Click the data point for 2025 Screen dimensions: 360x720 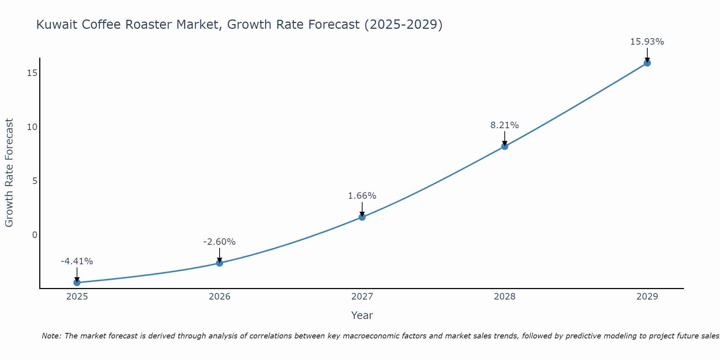click(x=77, y=283)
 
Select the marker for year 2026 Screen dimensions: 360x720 click(x=220, y=263)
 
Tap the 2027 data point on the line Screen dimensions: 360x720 click(x=362, y=217)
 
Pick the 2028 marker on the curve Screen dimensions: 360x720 click(x=505, y=147)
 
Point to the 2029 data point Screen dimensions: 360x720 click(x=647, y=63)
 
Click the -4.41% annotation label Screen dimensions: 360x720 click(x=77, y=261)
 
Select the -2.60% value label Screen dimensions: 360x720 click(x=220, y=242)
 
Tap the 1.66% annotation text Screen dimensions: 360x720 click(x=362, y=196)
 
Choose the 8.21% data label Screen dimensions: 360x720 click(x=505, y=125)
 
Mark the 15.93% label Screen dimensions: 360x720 click(x=647, y=42)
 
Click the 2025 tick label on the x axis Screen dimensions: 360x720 click(x=77, y=297)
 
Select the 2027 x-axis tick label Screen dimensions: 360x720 click(x=362, y=297)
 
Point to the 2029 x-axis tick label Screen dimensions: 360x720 click(x=647, y=297)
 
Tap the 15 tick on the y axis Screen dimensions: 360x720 click(x=32, y=73)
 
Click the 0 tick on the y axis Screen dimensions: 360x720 click(x=35, y=235)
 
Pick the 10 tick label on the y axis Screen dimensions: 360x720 click(x=32, y=127)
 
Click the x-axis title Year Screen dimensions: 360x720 click(x=362, y=315)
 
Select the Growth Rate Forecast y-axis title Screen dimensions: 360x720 click(x=9, y=173)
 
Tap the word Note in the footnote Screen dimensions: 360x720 click(x=51, y=336)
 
